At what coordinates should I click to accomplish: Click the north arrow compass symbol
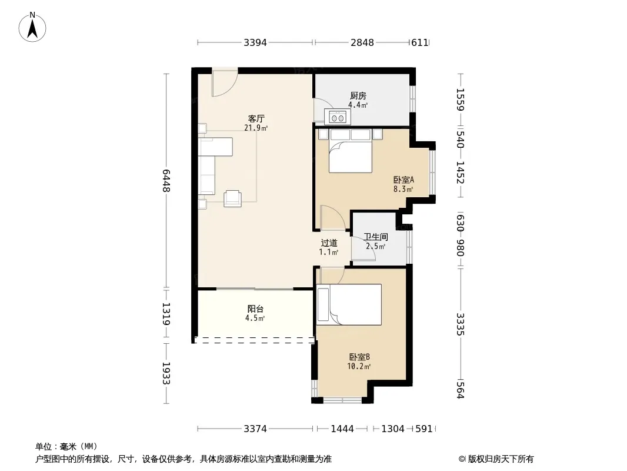tap(32, 27)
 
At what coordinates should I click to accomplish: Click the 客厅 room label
tap(256, 118)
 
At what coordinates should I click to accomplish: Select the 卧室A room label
tap(403, 180)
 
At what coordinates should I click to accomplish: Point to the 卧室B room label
tap(359, 357)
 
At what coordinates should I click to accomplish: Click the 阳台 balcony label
tap(255, 309)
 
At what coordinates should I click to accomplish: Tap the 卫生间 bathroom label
tap(375, 237)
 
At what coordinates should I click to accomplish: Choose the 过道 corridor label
tap(329, 243)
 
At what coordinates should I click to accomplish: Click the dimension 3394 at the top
tap(255, 42)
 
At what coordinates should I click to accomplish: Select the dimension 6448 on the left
tap(166, 181)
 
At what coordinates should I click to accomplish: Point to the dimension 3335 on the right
tap(461, 324)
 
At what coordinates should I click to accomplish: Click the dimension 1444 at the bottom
tap(342, 429)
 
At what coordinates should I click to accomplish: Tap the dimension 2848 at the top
tap(362, 42)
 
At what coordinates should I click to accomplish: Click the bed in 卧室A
tap(351, 151)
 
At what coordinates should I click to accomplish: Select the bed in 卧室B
tap(349, 304)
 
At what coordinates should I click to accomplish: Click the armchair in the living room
tap(232, 198)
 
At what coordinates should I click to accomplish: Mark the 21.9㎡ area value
tap(256, 128)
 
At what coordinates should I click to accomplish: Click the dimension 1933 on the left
tap(166, 373)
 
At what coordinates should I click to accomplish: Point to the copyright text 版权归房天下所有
tap(501, 459)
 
